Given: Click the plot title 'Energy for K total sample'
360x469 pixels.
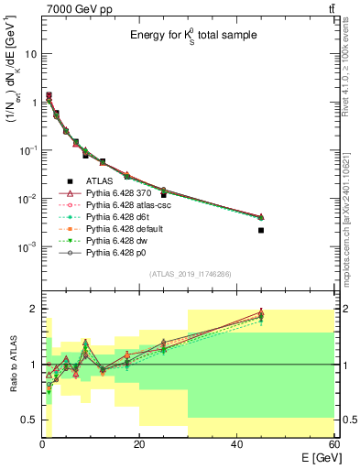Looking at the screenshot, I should point(191,35).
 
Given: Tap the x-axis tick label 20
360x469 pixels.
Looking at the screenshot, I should point(138,444).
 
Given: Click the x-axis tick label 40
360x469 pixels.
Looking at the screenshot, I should point(236,444).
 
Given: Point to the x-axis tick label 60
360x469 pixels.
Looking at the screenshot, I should point(333,444).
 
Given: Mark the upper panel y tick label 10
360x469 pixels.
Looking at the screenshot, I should point(30,53).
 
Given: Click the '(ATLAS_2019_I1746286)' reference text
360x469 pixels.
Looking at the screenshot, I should point(189,273).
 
